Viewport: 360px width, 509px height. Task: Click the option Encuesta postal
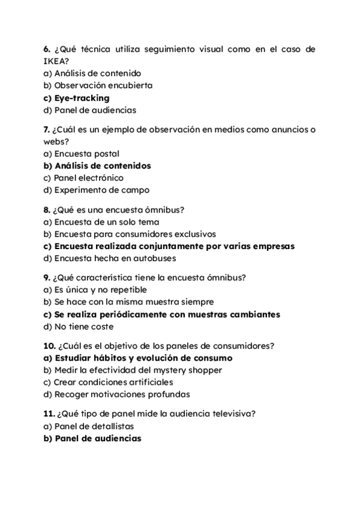coord(81,154)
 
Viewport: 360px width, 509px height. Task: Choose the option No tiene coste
coord(79,327)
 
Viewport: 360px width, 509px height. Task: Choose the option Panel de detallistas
coord(89,426)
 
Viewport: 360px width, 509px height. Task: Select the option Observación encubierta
coord(98,85)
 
